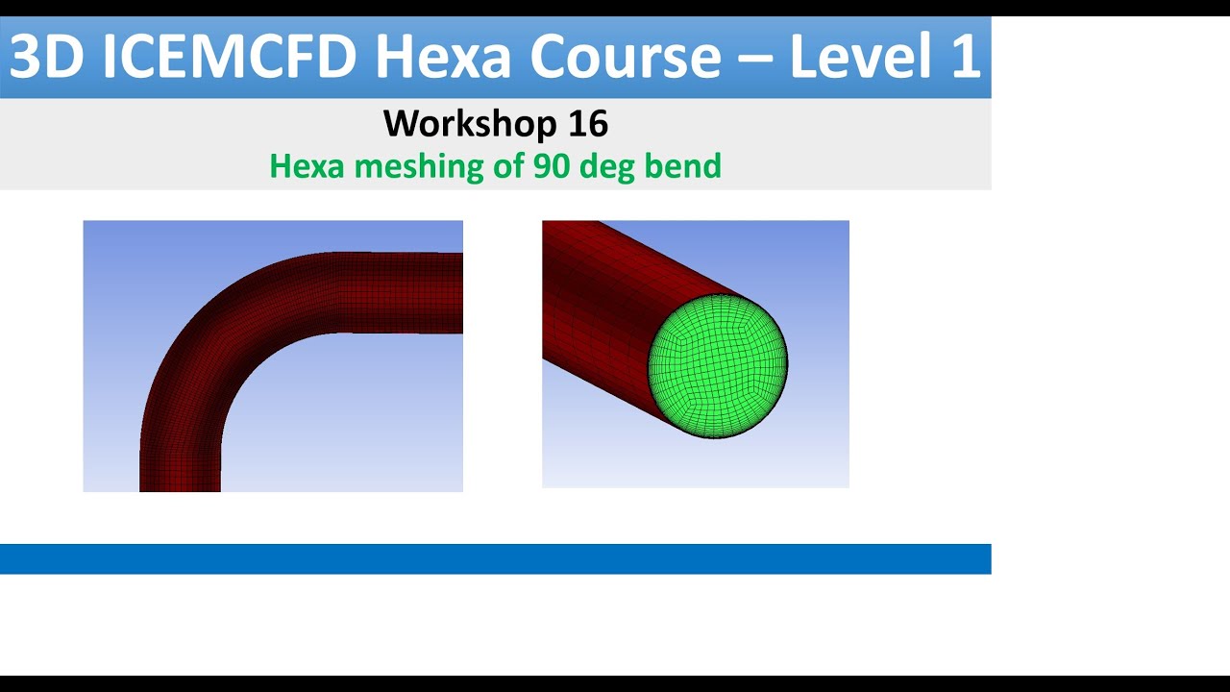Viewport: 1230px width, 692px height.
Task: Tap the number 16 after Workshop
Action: click(587, 124)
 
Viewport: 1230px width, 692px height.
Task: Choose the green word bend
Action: click(685, 166)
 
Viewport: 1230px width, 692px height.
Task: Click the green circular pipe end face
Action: click(718, 365)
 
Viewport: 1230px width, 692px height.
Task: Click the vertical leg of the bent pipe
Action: click(181, 452)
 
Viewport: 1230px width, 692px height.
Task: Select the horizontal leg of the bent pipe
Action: click(404, 292)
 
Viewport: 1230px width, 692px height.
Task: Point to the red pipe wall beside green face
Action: click(596, 308)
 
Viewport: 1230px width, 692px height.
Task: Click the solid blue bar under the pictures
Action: click(495, 558)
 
